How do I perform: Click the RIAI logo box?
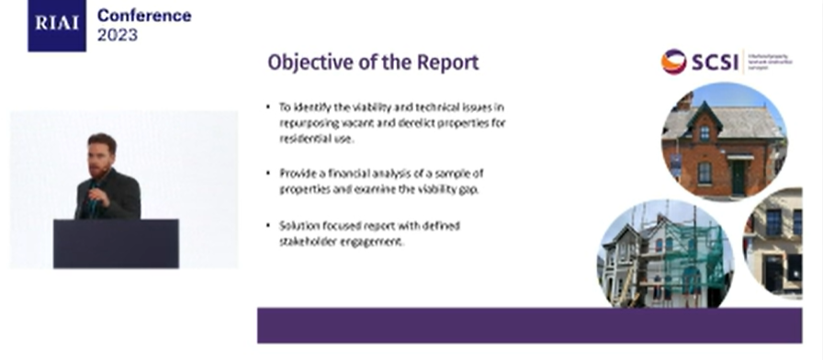pyautogui.click(x=56, y=25)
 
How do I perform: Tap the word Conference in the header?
pyautogui.click(x=144, y=16)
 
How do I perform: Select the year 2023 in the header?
pyautogui.click(x=118, y=36)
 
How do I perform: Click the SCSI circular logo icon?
pyautogui.click(x=674, y=62)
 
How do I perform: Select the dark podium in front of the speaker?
pyautogui.click(x=116, y=242)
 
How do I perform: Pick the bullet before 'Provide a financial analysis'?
pyautogui.click(x=269, y=173)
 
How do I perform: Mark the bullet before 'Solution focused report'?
pyautogui.click(x=269, y=225)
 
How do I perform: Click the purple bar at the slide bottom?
pyautogui.click(x=529, y=324)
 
